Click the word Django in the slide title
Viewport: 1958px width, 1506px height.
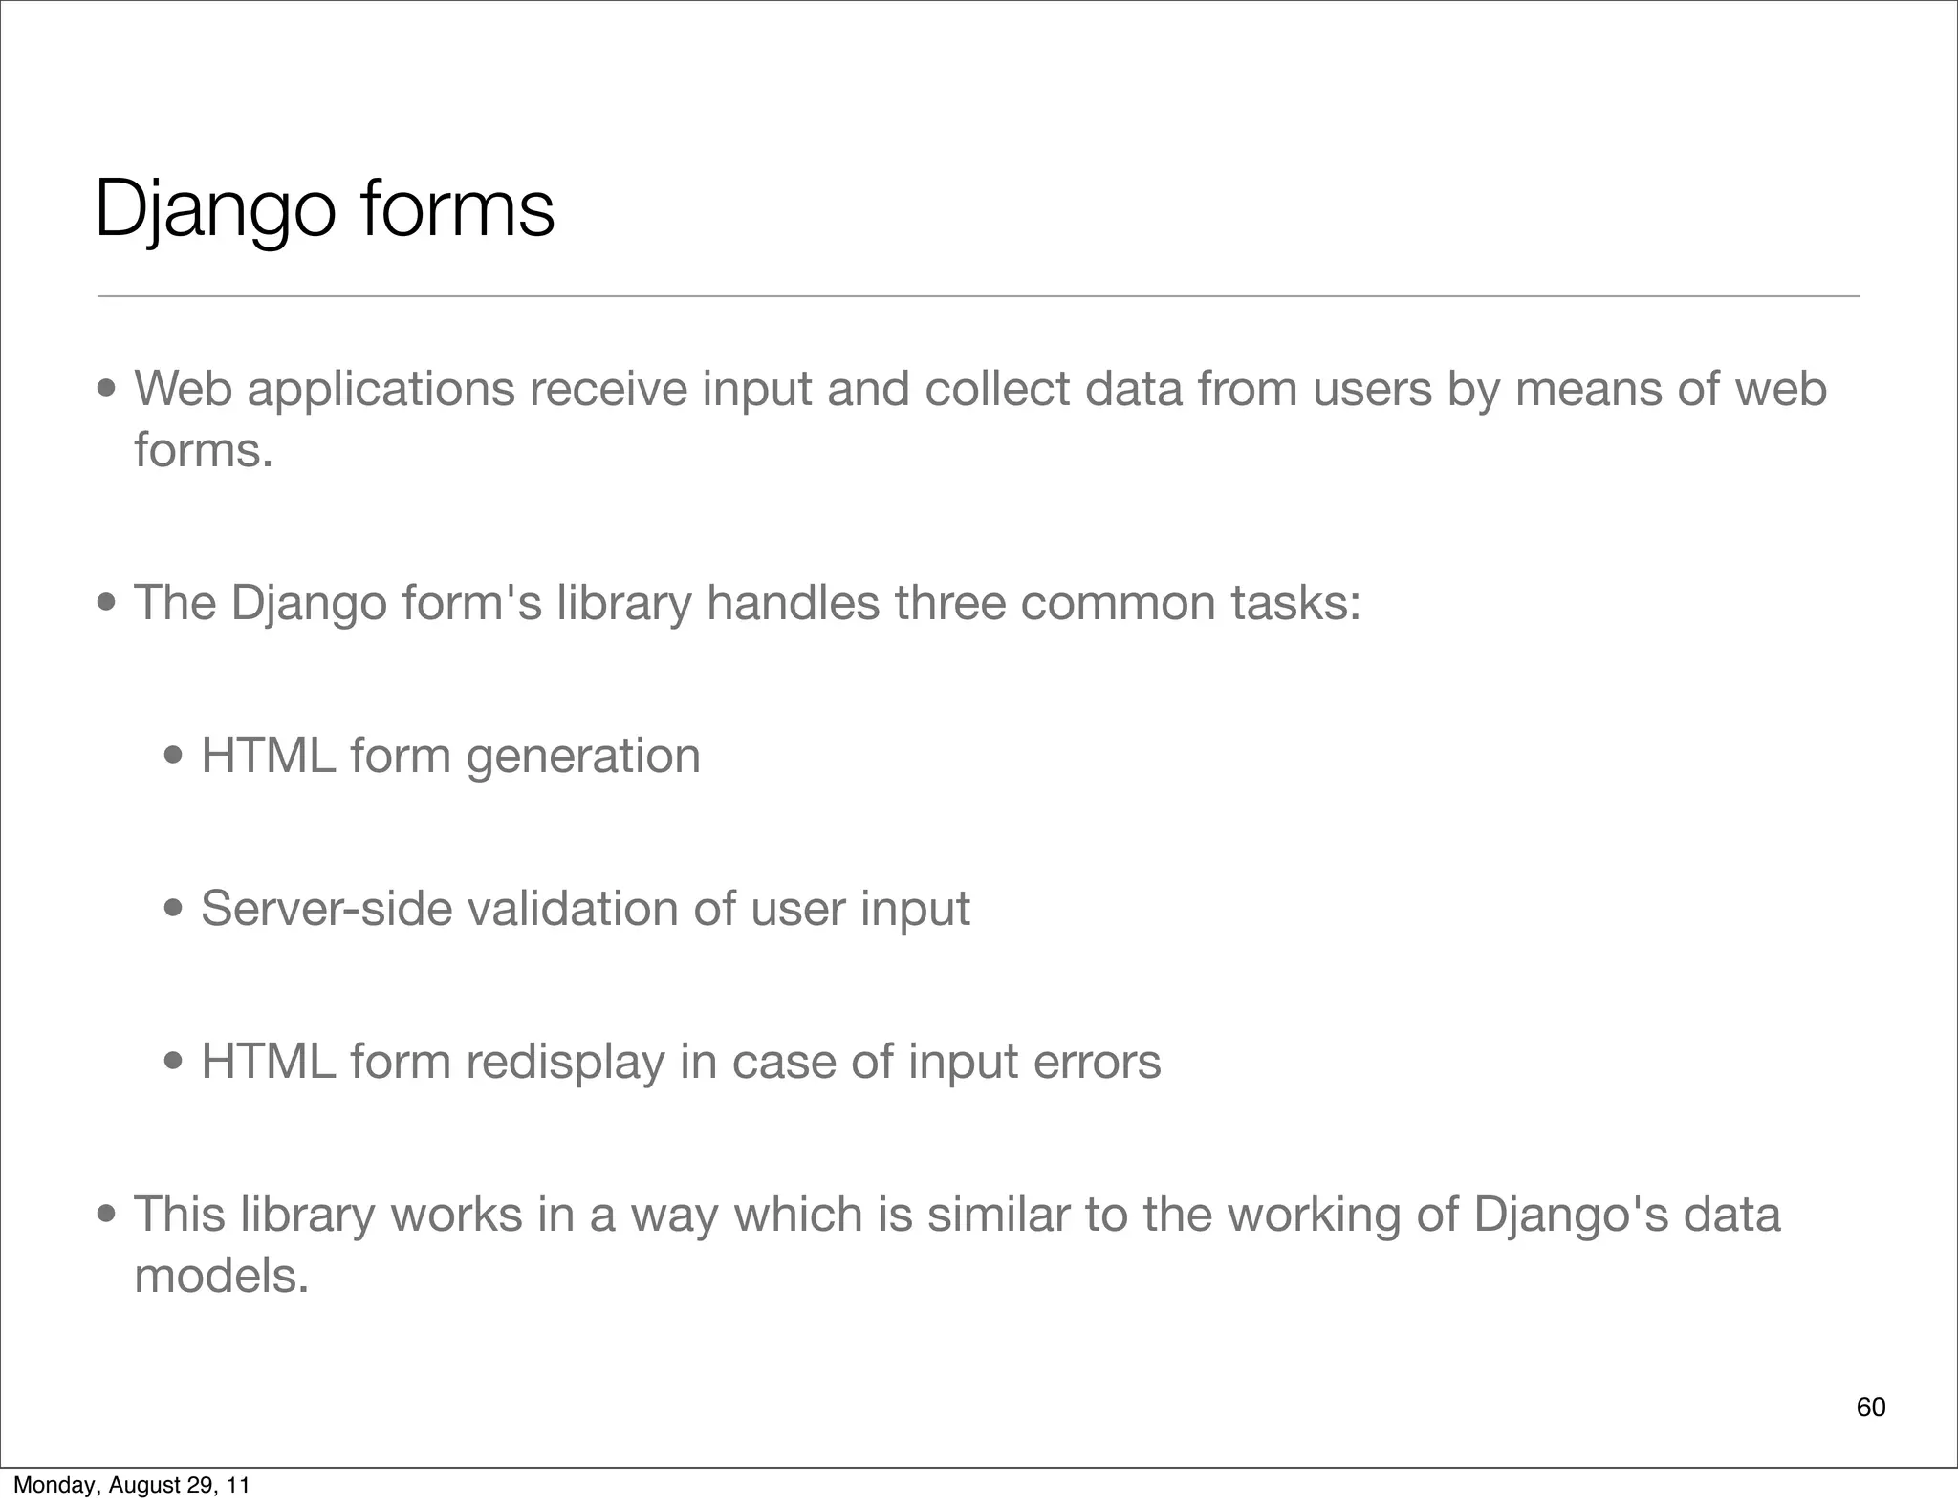point(215,210)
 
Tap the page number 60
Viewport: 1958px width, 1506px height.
point(1870,1407)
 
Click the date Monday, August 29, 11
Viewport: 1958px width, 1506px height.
point(131,1485)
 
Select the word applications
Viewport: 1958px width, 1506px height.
point(381,390)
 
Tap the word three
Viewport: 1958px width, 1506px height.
point(949,603)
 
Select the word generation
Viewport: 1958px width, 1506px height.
point(583,757)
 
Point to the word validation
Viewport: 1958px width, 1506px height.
point(572,908)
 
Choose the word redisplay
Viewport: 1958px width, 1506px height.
point(565,1062)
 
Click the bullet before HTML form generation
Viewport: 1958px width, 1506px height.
point(174,757)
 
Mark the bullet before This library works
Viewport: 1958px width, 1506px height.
point(107,1216)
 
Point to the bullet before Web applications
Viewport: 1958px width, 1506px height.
point(107,390)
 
